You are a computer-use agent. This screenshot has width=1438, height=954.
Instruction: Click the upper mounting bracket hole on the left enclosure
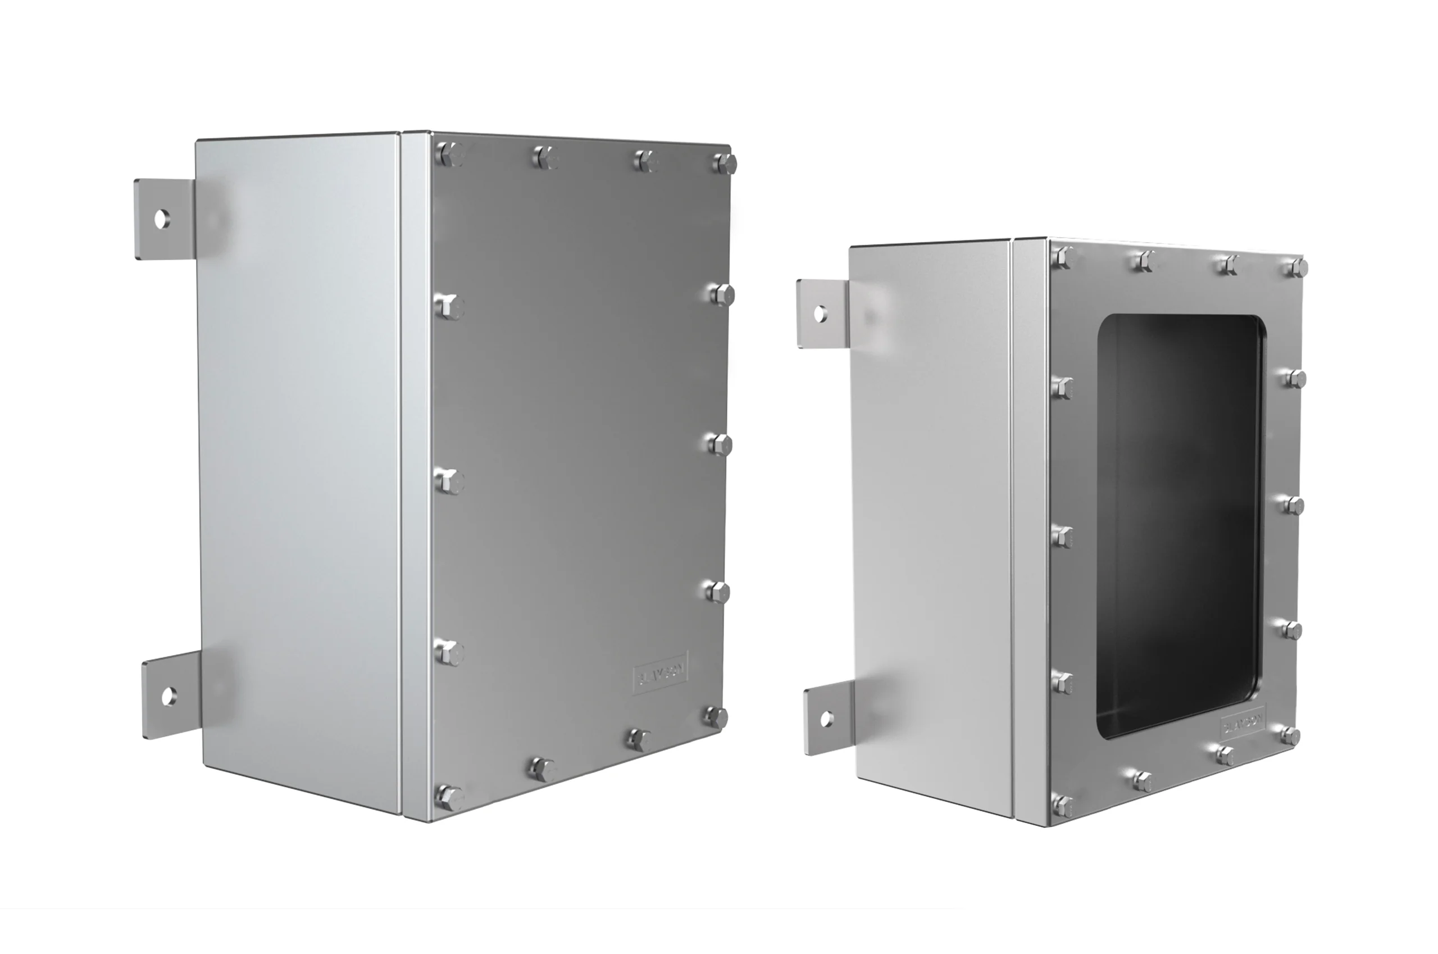[x=162, y=219]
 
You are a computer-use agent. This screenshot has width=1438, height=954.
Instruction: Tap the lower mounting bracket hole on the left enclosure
[x=169, y=696]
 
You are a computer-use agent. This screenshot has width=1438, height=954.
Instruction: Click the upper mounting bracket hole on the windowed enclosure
[x=820, y=314]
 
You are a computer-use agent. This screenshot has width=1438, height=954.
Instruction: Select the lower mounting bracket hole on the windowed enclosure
[x=826, y=719]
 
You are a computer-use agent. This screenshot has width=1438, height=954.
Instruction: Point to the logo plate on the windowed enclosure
[x=1243, y=724]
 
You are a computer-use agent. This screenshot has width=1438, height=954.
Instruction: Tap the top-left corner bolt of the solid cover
[x=450, y=154]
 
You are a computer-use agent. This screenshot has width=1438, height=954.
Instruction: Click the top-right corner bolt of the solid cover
[x=724, y=163]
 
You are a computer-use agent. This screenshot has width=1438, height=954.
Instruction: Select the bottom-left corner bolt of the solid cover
[x=449, y=797]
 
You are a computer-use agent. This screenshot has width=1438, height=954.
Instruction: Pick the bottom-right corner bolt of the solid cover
[x=717, y=717]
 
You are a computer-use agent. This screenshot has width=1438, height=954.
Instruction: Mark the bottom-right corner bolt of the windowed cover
[x=1290, y=735]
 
